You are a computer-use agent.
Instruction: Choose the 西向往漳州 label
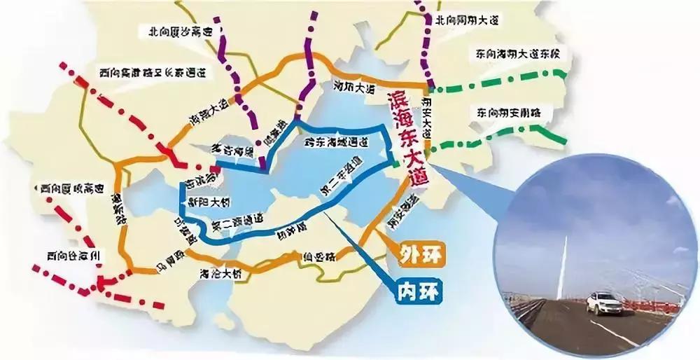click(x=70, y=256)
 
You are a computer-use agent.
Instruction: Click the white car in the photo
click(x=603, y=303)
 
